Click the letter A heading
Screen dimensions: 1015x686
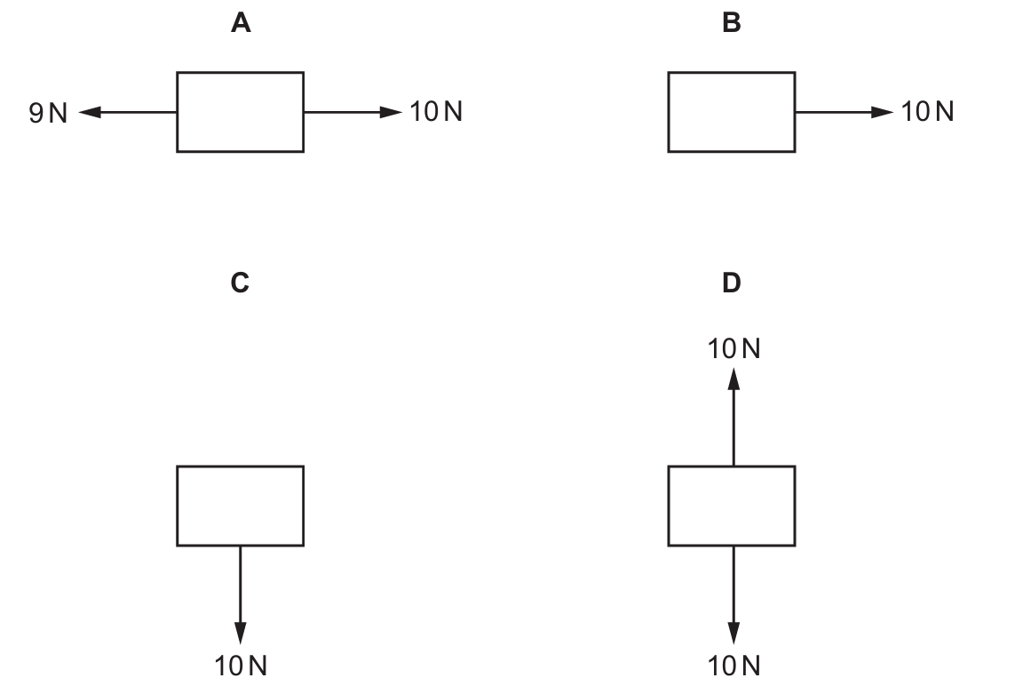[241, 23]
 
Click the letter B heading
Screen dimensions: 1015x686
[732, 23]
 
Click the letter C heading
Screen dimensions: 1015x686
[240, 283]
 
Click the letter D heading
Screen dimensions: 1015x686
[732, 283]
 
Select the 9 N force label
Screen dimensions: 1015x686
[48, 113]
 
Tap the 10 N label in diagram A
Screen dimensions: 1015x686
[436, 111]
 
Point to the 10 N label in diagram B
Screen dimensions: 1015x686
[928, 111]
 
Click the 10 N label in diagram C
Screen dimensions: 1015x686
[241, 666]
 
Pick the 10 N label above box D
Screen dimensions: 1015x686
[734, 348]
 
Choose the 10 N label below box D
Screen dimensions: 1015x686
[734, 666]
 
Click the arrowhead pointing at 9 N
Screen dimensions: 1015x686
[90, 112]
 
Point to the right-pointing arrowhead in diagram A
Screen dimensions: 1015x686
[391, 112]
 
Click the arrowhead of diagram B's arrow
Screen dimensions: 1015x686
[883, 112]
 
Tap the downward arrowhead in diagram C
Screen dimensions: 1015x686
[240, 634]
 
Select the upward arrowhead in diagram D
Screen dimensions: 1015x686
[733, 379]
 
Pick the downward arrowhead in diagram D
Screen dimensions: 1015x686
[733, 634]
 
